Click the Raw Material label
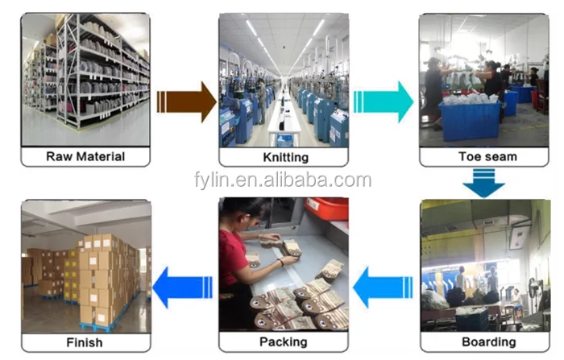85,156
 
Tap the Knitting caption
285,157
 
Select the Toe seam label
487,156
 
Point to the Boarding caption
488,341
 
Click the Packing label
284,341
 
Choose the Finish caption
85,342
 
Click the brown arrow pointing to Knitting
186,101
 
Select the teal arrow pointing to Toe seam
384,101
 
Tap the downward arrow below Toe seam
483,184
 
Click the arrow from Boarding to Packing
383,287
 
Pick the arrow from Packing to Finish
182,287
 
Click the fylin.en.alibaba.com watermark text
283,180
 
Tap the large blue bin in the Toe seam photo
470,121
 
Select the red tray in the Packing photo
328,209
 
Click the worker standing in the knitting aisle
262,101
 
